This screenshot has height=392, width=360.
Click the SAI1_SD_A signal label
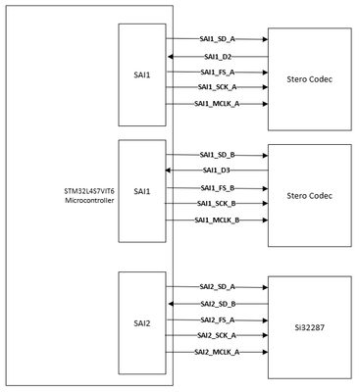click(x=218, y=39)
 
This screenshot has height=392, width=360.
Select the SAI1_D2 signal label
click(x=218, y=56)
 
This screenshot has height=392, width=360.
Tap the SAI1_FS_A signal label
click(x=218, y=72)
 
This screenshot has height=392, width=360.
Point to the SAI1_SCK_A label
click(x=218, y=87)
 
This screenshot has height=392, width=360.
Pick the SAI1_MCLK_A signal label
click(x=218, y=103)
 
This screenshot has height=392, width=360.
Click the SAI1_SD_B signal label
click(x=218, y=155)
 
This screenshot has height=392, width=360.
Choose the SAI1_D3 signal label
click(x=218, y=171)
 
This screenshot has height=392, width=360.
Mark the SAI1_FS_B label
click(x=218, y=187)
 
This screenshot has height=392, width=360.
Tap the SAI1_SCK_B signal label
click(x=218, y=203)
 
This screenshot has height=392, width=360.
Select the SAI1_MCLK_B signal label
click(x=218, y=220)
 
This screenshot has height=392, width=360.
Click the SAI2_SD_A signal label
click(x=218, y=287)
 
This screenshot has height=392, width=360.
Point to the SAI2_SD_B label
click(x=218, y=304)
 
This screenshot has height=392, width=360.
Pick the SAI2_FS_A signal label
click(x=218, y=319)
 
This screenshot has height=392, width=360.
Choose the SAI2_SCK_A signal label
click(x=218, y=335)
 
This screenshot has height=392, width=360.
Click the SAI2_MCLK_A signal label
click(x=218, y=351)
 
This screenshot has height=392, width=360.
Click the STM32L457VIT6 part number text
click(x=86, y=191)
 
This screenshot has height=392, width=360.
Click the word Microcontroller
click(x=86, y=201)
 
